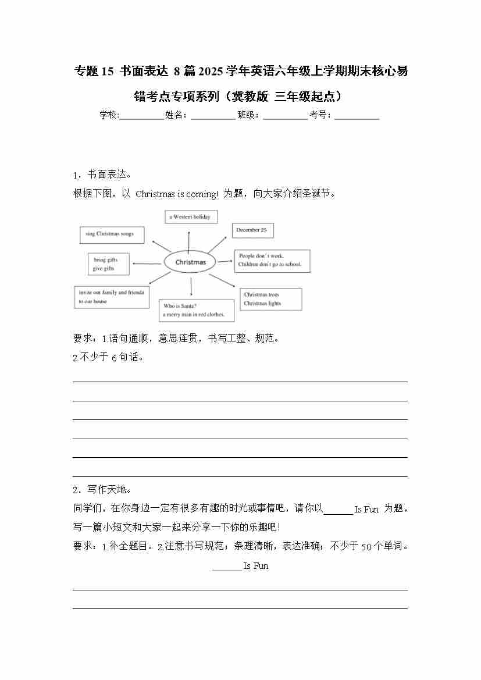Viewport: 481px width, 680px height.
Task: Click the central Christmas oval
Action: pos(190,262)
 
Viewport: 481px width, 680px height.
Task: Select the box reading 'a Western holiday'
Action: pos(191,217)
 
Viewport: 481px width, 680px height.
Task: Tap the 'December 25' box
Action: pos(252,230)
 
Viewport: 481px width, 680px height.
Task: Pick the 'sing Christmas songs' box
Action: pos(112,234)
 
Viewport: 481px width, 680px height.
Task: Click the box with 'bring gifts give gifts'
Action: pos(107,264)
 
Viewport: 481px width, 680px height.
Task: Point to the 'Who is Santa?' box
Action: pos(197,311)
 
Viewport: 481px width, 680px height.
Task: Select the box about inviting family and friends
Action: pos(112,297)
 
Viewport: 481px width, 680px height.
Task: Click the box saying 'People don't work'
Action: pos(272,261)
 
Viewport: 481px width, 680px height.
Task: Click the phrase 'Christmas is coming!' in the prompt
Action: pos(177,194)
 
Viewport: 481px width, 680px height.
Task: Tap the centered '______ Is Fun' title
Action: pos(240,566)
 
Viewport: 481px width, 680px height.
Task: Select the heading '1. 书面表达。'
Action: pos(102,175)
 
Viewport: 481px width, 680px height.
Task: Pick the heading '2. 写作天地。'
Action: pos(102,489)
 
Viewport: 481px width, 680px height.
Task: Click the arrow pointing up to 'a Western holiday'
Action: pos(188,240)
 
